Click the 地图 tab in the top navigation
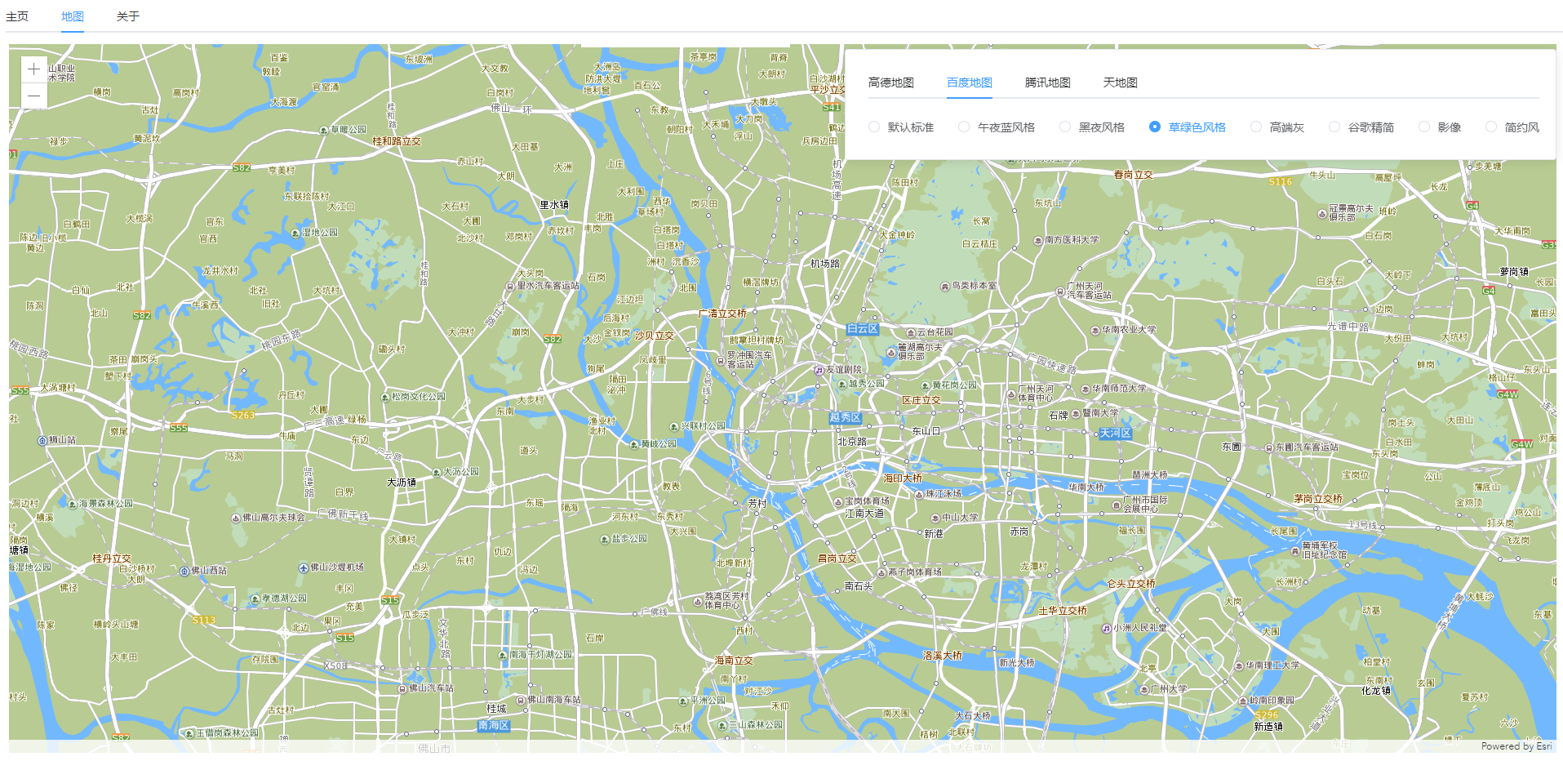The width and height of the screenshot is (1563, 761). [72, 16]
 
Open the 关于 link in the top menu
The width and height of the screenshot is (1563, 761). [127, 16]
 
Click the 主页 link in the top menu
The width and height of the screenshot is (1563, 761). [17, 16]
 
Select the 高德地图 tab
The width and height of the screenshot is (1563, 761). [890, 82]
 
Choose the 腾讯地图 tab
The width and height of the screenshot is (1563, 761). [1047, 82]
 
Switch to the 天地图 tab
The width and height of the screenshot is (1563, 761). [1120, 82]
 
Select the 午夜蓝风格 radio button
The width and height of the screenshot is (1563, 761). [965, 127]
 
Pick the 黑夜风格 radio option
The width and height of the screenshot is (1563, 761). [1065, 127]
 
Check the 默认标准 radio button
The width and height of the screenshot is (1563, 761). [874, 127]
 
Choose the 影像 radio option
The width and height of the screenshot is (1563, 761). [1424, 127]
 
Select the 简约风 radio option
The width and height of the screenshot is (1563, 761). [1491, 127]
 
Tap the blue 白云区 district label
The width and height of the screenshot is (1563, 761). [862, 329]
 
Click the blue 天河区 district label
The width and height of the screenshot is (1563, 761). [1115, 433]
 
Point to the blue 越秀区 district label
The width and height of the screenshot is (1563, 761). [845, 417]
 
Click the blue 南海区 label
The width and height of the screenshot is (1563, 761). [494, 725]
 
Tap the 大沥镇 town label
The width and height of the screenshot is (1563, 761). [401, 483]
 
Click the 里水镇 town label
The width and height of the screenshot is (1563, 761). [554, 205]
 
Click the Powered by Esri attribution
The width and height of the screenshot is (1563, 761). [1516, 746]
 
